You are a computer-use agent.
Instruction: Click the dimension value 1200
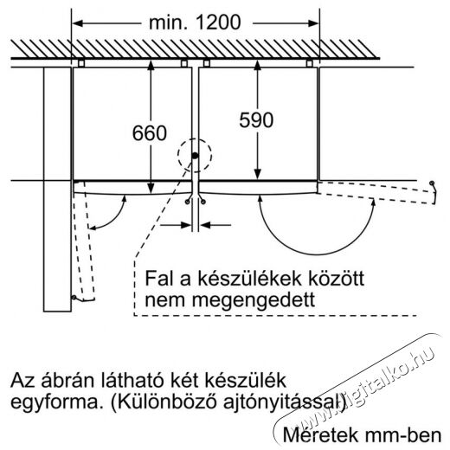click(218, 22)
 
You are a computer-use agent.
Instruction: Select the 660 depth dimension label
click(150, 133)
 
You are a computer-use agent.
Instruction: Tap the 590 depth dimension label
click(256, 120)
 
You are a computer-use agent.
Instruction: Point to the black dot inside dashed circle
click(195, 156)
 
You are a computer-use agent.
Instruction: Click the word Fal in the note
click(159, 279)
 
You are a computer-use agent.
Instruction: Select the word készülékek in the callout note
click(249, 279)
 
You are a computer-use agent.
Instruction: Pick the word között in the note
click(337, 279)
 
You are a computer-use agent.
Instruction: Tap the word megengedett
click(254, 300)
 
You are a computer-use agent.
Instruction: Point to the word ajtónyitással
click(281, 402)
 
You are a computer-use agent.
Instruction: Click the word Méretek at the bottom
click(320, 434)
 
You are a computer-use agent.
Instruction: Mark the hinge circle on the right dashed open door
click(432, 183)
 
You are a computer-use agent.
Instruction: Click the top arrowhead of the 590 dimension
click(257, 66)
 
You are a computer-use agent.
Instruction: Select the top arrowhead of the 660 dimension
click(151, 66)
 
